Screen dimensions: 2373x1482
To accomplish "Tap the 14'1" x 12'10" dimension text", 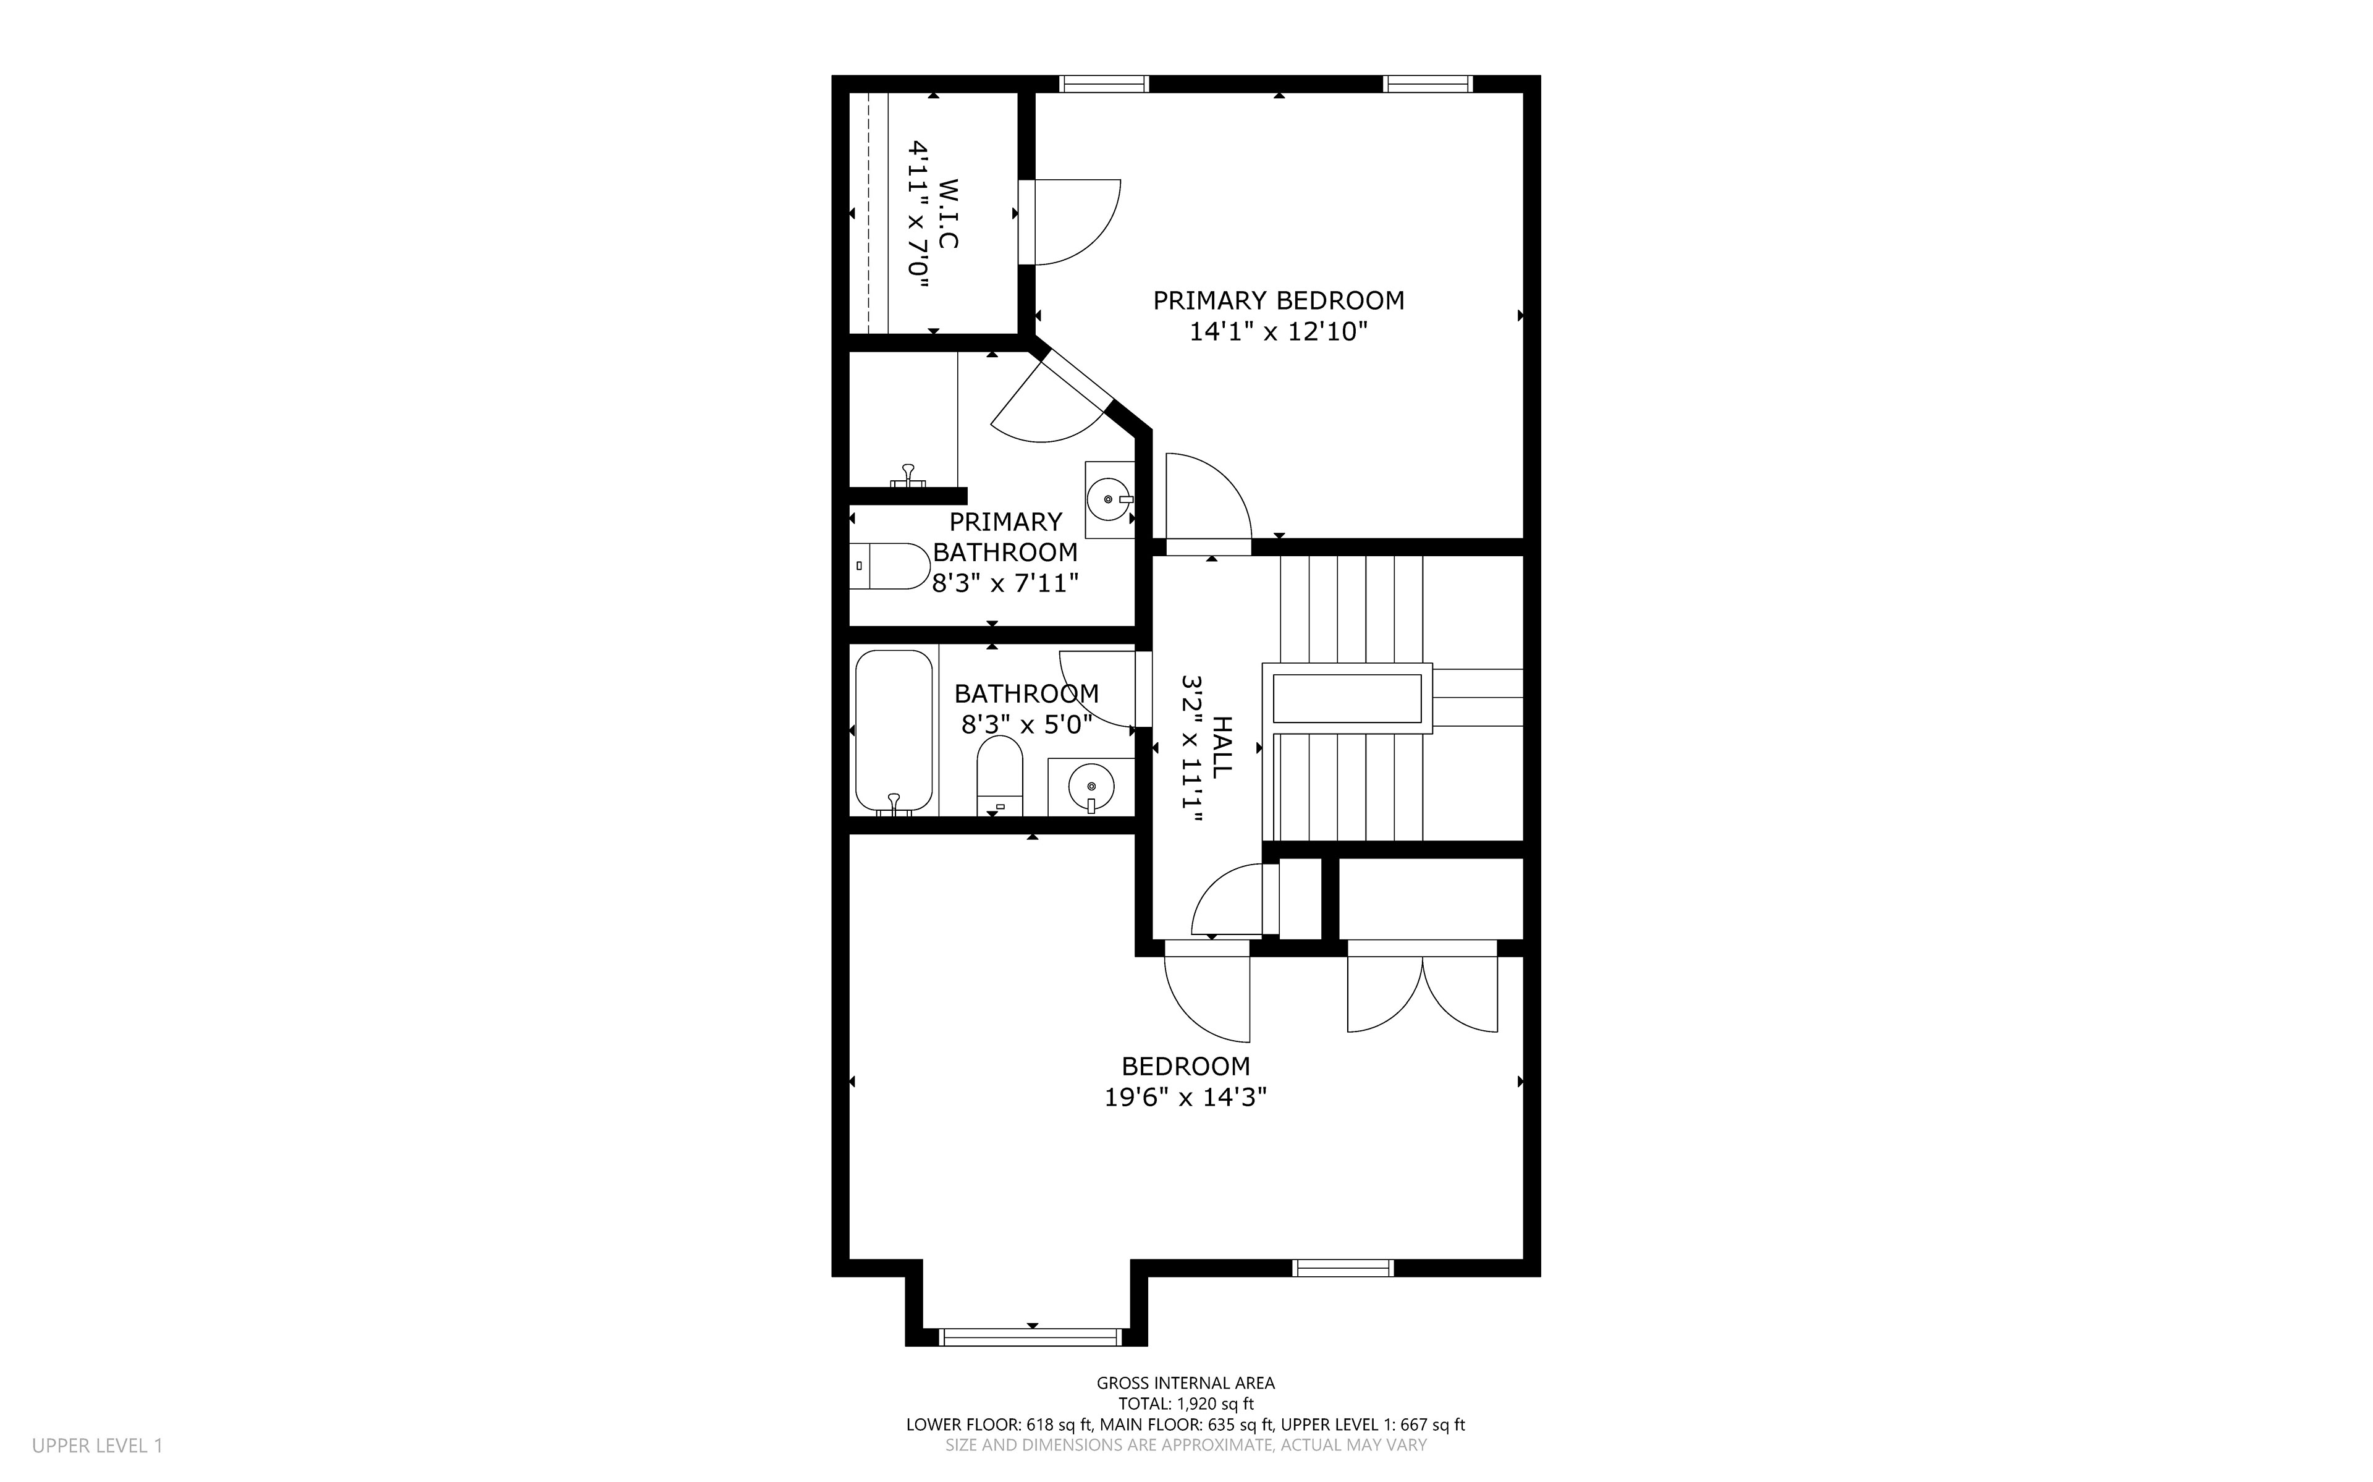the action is (1279, 332).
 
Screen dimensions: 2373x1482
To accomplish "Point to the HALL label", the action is (1222, 747).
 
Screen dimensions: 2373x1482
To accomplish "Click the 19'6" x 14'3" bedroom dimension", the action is (1185, 1097).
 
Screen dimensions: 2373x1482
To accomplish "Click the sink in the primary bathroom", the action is (1110, 500).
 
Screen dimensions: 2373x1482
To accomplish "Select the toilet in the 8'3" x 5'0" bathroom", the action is (999, 776).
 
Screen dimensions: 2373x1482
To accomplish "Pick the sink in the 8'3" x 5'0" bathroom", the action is (1091, 786).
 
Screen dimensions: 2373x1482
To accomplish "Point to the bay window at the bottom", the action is (1030, 1337).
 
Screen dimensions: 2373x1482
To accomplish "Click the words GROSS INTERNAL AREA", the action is (1185, 1383).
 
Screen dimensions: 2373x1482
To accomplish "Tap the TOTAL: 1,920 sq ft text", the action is (1185, 1404).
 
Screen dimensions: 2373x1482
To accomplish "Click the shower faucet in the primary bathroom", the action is (909, 476).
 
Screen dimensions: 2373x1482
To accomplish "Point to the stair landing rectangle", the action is (1347, 698).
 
